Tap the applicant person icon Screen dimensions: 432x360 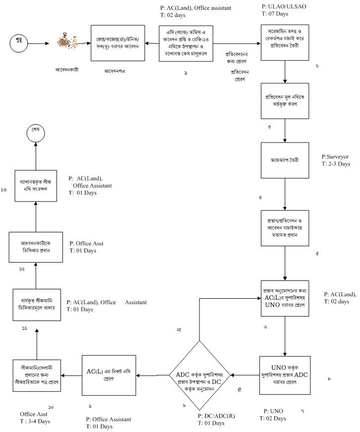click(65, 43)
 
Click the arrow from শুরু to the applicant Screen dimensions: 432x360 click(38, 44)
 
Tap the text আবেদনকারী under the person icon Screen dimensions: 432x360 click(66, 69)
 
